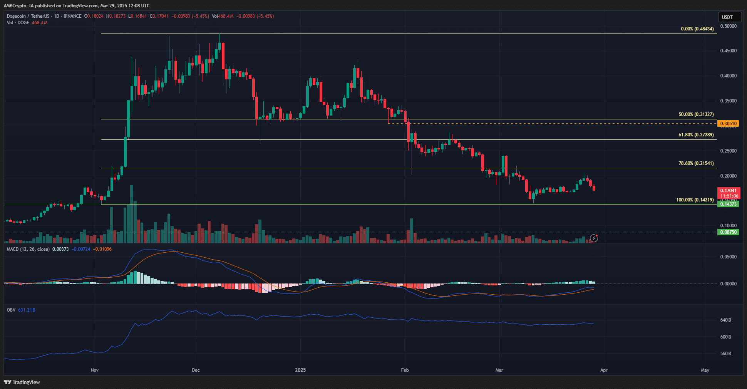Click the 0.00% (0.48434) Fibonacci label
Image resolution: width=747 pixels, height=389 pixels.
click(697, 29)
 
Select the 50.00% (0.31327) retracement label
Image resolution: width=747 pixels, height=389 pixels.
click(696, 114)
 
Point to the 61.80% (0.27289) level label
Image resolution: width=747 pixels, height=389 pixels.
click(696, 135)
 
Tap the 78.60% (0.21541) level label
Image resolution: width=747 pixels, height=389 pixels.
click(696, 163)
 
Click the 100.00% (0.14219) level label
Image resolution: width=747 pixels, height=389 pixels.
click(695, 200)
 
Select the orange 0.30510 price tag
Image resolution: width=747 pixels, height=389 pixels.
click(728, 124)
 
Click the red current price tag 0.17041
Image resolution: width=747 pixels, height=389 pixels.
click(728, 191)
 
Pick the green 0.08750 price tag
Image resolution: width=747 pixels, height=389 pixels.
click(728, 232)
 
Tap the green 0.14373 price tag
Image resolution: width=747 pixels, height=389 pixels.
click(728, 204)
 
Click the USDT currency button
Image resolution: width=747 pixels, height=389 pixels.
click(729, 17)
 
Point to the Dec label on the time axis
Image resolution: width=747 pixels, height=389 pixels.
click(196, 370)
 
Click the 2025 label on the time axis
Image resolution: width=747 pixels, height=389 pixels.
click(300, 370)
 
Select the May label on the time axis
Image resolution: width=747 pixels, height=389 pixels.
click(705, 370)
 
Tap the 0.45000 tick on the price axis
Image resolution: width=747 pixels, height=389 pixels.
click(728, 51)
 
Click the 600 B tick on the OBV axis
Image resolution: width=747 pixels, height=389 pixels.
click(725, 337)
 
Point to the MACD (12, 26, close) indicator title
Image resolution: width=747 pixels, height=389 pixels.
click(28, 249)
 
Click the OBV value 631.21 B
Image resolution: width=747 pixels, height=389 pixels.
click(27, 310)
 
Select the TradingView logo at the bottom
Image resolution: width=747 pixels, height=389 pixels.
click(22, 382)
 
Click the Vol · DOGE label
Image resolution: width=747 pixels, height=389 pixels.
click(18, 23)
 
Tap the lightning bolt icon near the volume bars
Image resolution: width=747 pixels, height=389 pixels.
click(594, 238)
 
